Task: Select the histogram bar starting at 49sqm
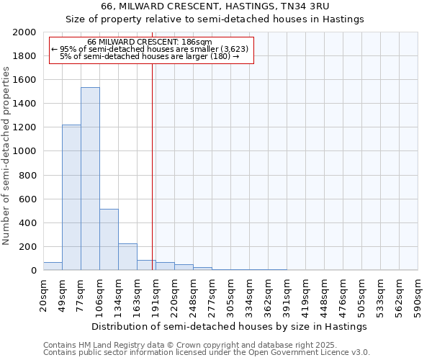click(x=71, y=197)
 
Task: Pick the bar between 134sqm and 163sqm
click(x=127, y=256)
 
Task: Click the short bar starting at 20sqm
click(x=53, y=266)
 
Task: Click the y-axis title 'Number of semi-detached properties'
click(x=7, y=156)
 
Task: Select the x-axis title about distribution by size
click(x=230, y=326)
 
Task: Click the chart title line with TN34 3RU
click(x=215, y=6)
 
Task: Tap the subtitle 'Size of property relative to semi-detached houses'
click(x=215, y=19)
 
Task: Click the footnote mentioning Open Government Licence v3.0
click(x=207, y=352)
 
